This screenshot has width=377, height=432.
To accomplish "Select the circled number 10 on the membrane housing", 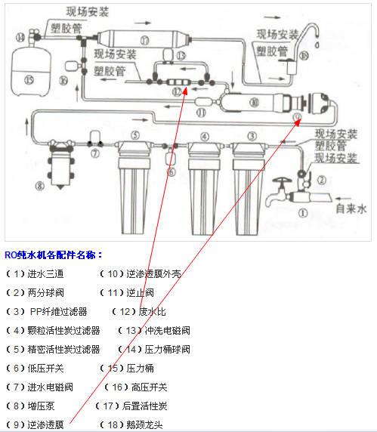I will click(x=253, y=100).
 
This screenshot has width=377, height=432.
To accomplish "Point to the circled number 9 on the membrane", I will click(x=297, y=118).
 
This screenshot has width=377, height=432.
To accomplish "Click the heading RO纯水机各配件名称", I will click(x=54, y=255).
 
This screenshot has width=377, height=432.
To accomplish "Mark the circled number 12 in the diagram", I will click(x=178, y=91).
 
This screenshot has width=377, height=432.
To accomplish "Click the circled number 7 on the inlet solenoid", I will click(x=95, y=153).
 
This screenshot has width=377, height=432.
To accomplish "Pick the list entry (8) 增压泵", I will click(x=30, y=406).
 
